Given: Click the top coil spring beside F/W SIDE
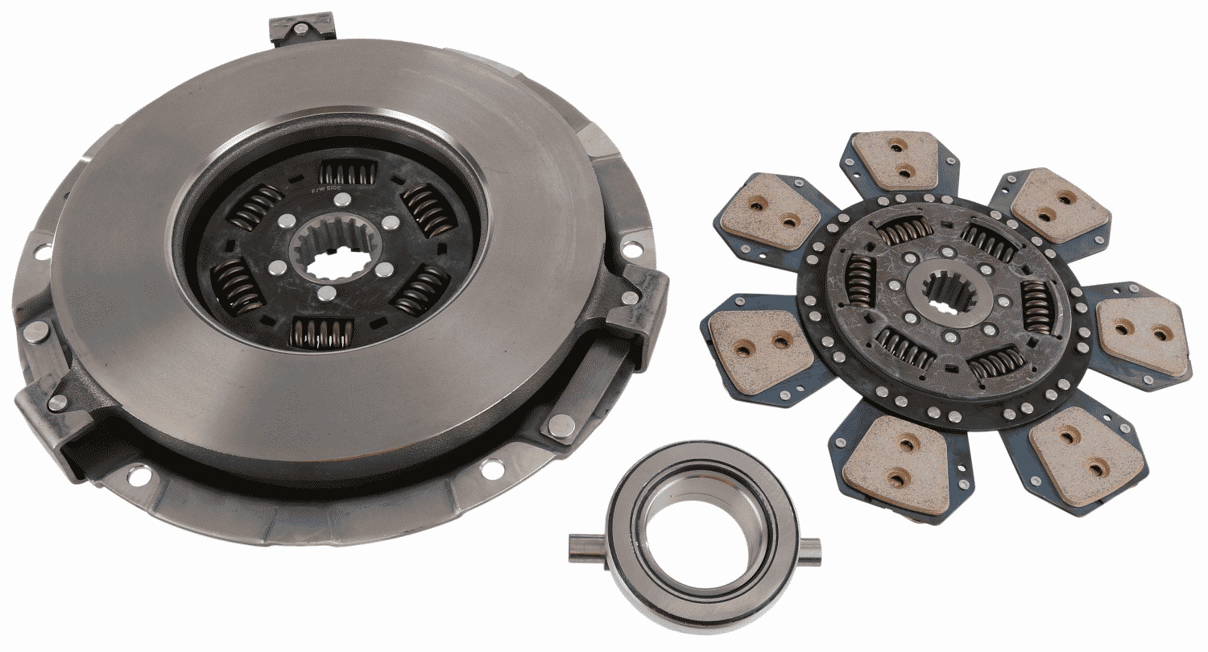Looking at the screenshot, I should (x=349, y=171).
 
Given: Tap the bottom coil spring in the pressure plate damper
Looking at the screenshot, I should (x=321, y=331).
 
